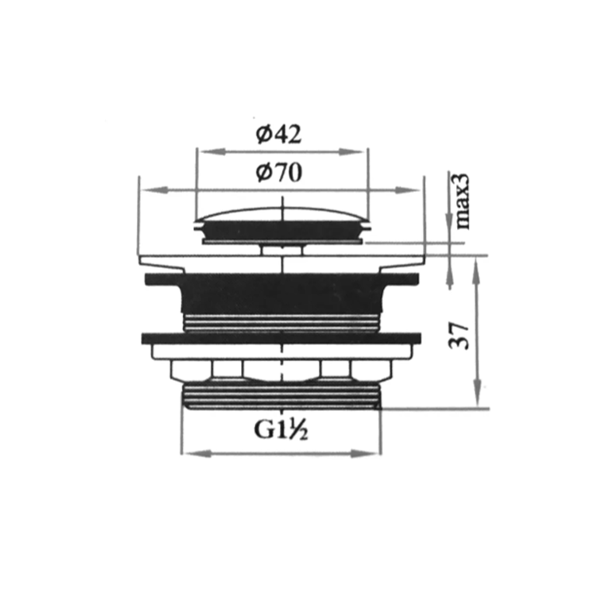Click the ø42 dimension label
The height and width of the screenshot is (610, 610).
(278, 134)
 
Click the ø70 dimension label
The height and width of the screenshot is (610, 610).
(279, 173)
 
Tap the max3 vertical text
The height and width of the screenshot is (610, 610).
(462, 200)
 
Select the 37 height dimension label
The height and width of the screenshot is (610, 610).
(459, 336)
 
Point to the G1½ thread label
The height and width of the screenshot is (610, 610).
(281, 430)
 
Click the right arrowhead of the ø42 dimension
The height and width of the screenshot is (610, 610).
(353, 152)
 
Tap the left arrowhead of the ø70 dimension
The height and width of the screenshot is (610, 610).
(155, 190)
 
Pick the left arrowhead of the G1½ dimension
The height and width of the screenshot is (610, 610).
(197, 453)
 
